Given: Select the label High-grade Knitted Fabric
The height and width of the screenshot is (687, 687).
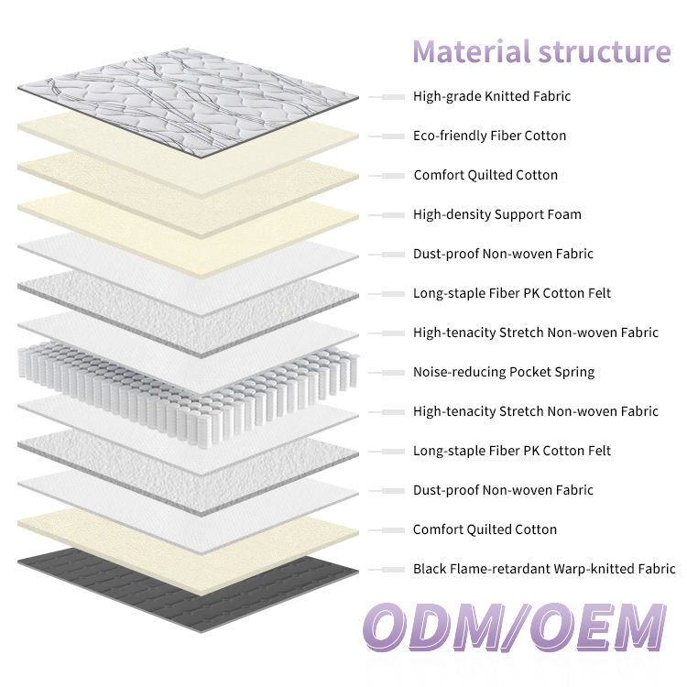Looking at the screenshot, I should (492, 96).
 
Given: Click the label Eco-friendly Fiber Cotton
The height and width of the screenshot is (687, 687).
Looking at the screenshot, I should (489, 136).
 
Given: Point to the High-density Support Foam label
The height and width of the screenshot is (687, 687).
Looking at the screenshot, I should (497, 214).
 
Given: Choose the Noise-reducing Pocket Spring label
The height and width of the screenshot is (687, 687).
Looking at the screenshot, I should (504, 372).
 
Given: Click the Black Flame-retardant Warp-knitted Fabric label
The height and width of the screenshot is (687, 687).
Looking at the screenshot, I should (544, 569).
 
